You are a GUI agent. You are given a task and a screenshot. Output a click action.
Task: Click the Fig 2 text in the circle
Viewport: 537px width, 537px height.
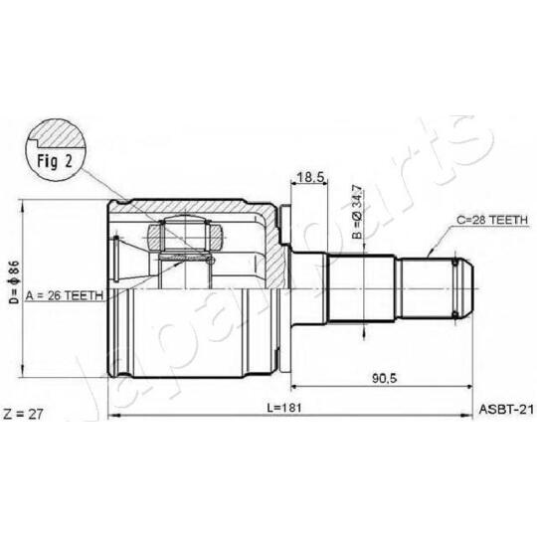click(x=55, y=161)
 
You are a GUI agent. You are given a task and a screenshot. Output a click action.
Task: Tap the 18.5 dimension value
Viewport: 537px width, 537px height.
click(x=310, y=177)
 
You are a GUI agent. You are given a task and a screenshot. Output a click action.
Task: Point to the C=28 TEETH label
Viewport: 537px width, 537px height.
click(x=492, y=220)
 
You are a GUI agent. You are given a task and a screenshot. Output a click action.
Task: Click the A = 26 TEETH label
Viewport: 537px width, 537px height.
click(x=65, y=295)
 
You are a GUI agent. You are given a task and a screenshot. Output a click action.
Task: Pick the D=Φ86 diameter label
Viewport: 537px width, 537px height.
click(x=15, y=281)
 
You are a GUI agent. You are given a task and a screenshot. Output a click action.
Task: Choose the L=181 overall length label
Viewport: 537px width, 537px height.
click(x=284, y=408)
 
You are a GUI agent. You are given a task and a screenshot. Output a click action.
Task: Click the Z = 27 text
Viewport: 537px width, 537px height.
click(x=23, y=414)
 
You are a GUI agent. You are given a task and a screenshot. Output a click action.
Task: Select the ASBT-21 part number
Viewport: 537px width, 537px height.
click(x=506, y=409)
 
